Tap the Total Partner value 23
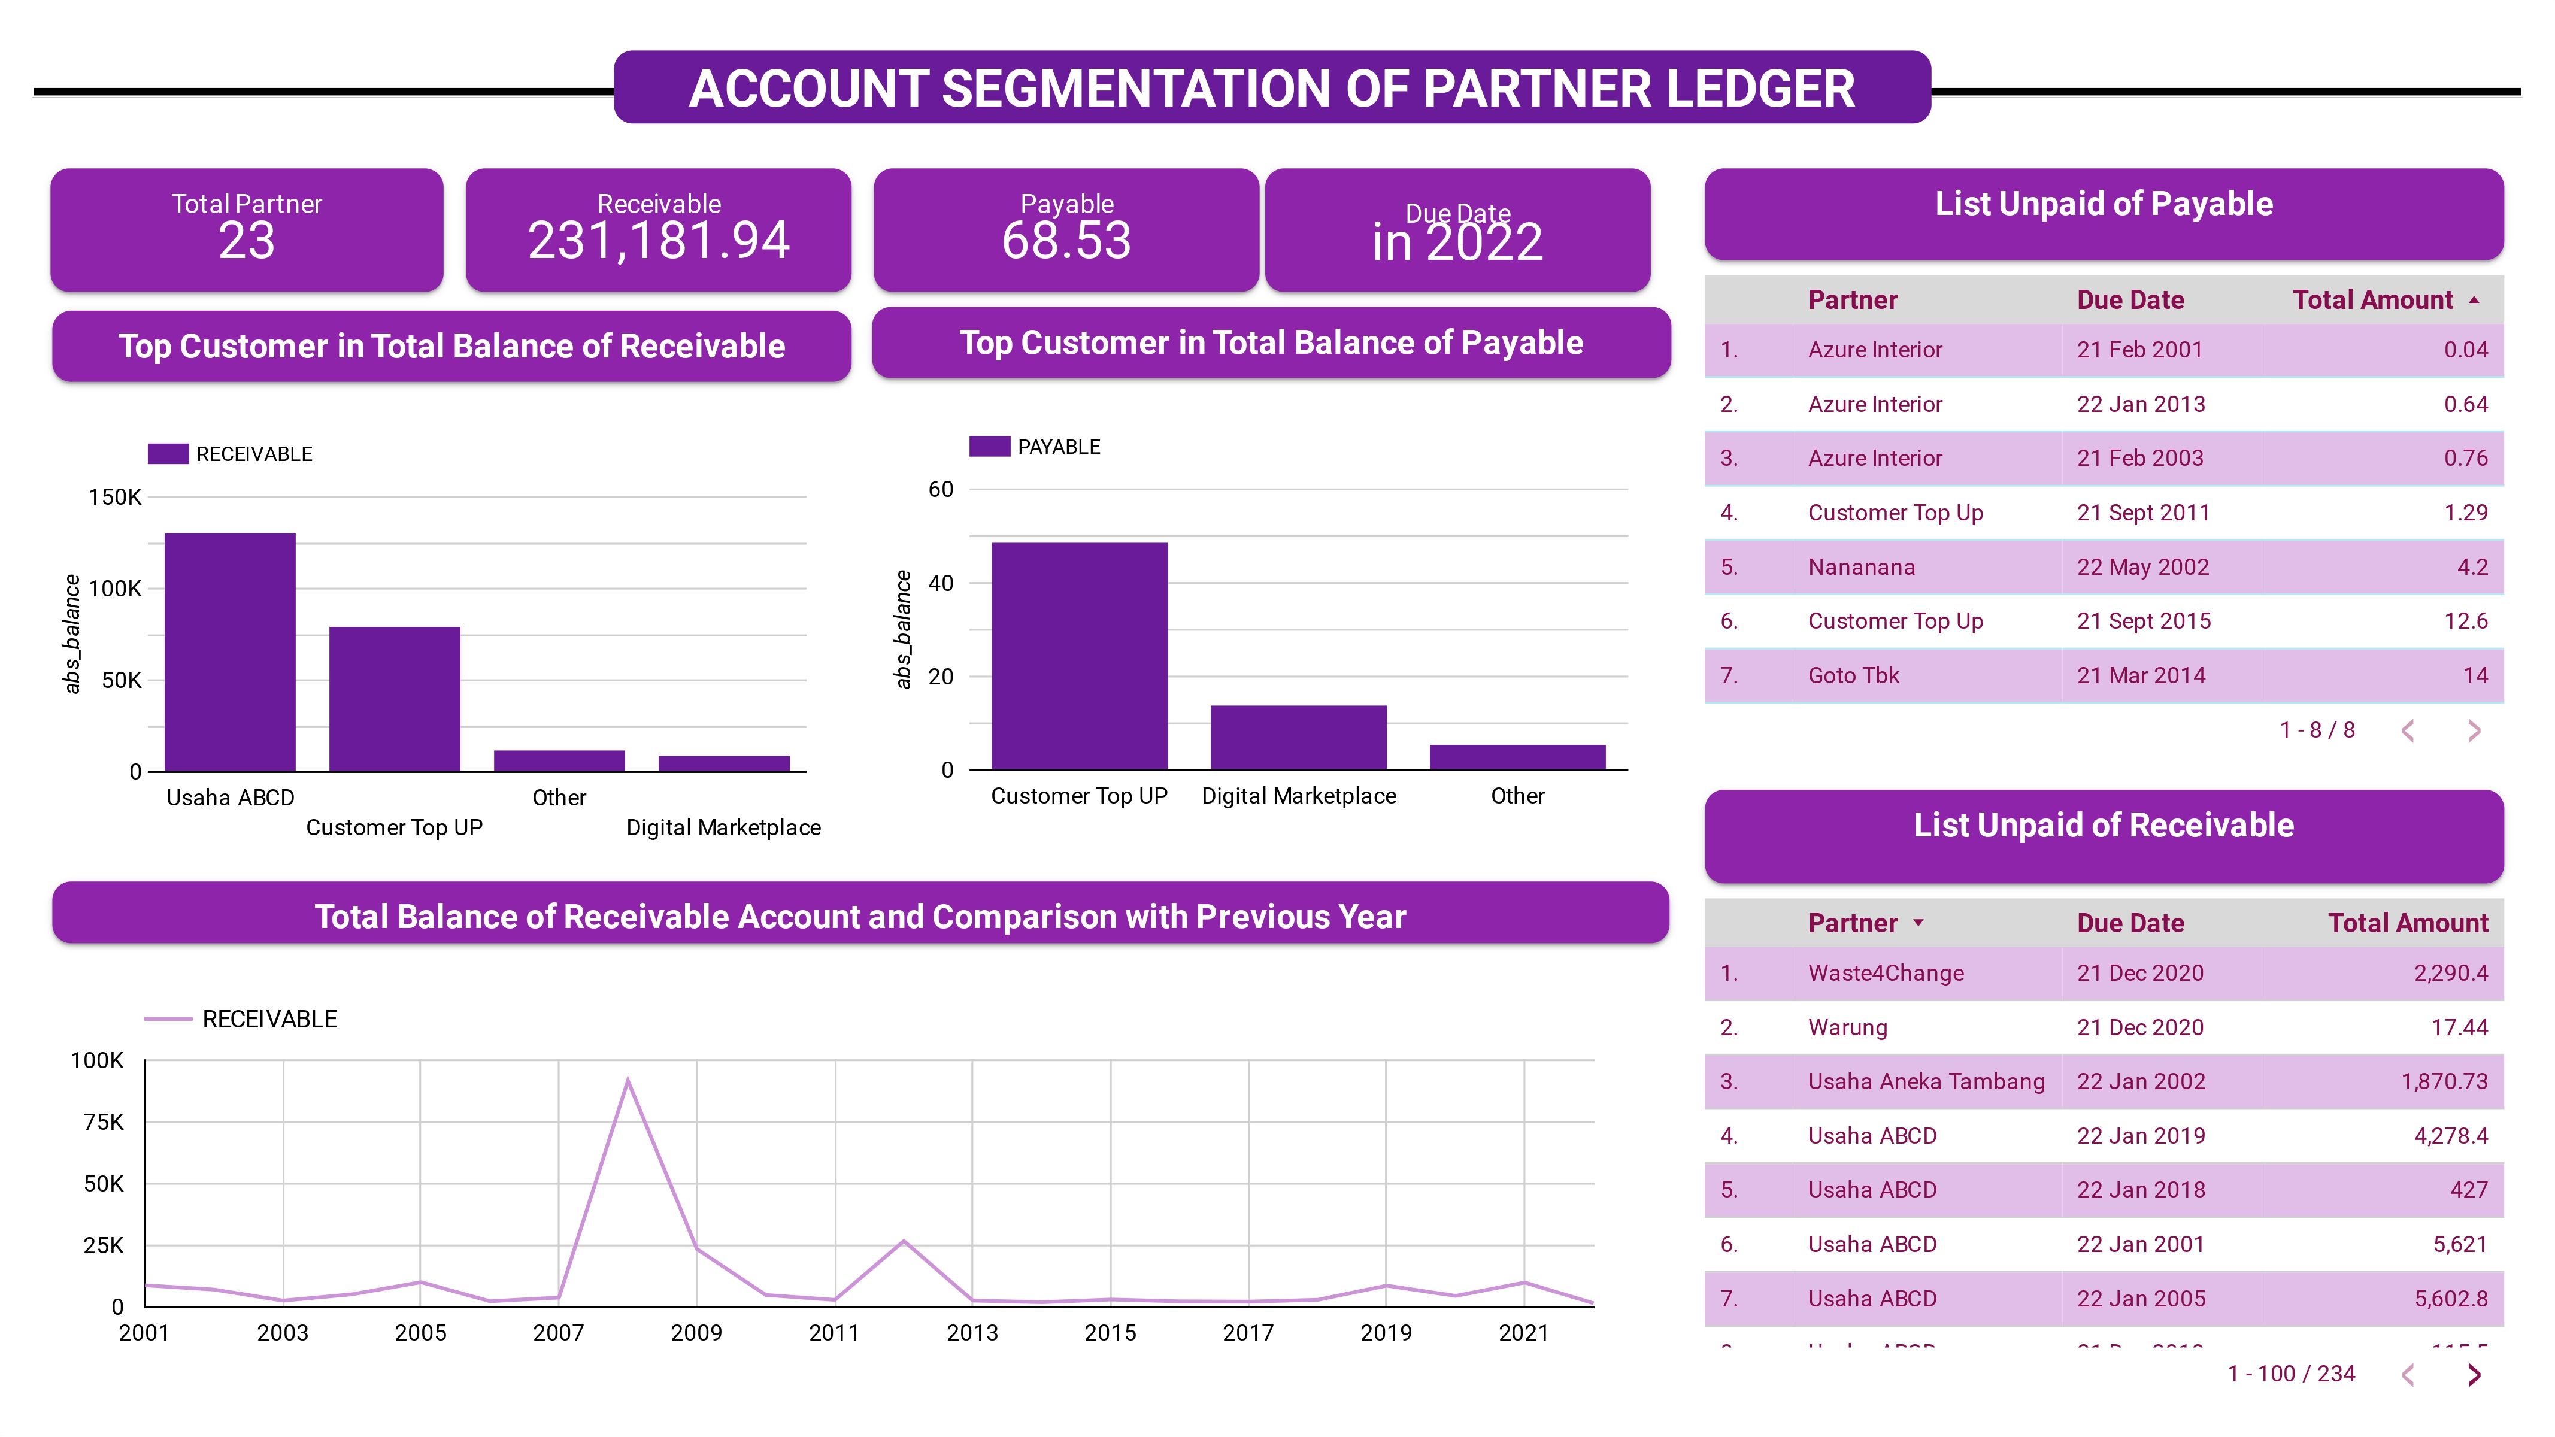[x=247, y=241]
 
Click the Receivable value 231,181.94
[x=659, y=241]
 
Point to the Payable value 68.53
[x=1066, y=241]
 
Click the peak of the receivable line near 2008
[x=628, y=1081]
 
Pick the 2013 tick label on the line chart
[x=972, y=1333]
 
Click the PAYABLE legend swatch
[x=989, y=446]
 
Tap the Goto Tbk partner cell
[x=1853, y=675]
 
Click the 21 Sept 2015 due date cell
[x=2144, y=621]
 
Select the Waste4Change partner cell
[x=1886, y=973]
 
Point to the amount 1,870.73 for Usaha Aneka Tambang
[x=2444, y=1081]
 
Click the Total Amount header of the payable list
[x=2372, y=299]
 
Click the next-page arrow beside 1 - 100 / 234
[x=2474, y=1375]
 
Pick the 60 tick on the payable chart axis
[x=940, y=489]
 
